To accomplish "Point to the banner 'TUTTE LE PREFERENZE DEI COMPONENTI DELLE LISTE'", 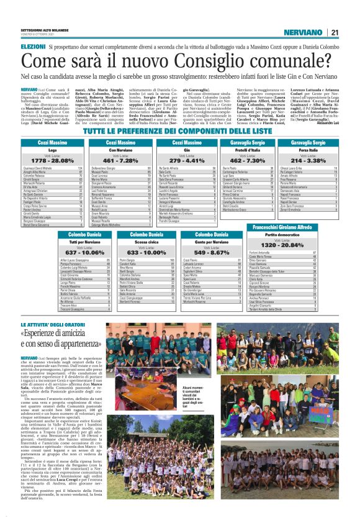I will pyautogui.click(x=179, y=132).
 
